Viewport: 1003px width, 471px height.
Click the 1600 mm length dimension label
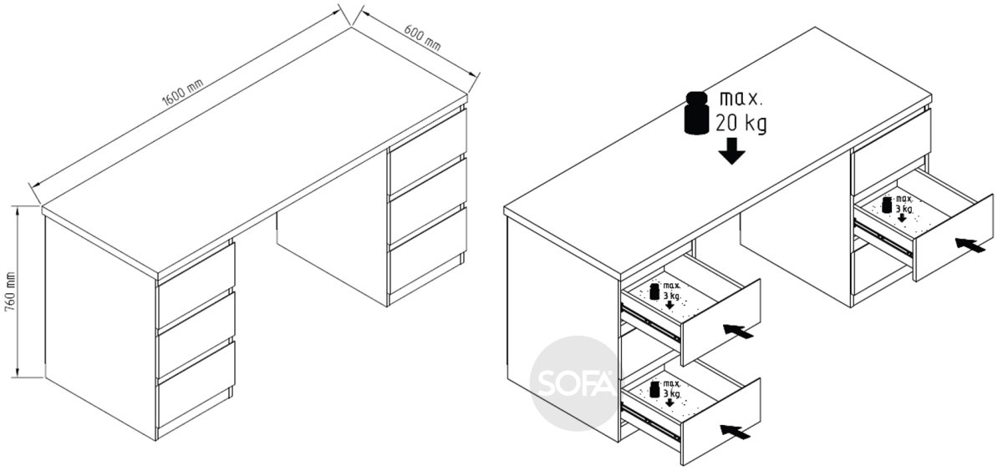click(182, 92)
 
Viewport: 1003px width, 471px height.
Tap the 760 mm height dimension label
click(10, 291)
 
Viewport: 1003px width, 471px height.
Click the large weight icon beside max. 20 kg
click(697, 113)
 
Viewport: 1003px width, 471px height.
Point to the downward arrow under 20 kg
click(731, 151)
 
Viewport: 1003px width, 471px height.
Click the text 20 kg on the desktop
click(741, 123)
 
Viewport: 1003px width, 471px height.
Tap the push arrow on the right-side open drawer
click(970, 246)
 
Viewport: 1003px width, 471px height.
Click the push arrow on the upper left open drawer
click(738, 331)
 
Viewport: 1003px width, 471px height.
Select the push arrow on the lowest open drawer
click(736, 432)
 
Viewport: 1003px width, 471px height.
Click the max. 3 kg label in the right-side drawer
click(904, 204)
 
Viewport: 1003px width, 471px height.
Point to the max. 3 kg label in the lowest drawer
click(672, 388)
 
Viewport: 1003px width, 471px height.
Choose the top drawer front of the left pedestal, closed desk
click(196, 286)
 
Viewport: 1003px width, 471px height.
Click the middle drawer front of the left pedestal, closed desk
click(196, 336)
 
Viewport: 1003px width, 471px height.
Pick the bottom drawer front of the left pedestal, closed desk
click(196, 385)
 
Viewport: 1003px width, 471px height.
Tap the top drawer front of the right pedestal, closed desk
click(428, 152)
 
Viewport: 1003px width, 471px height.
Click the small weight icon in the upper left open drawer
click(654, 291)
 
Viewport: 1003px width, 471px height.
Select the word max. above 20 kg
click(741, 99)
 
